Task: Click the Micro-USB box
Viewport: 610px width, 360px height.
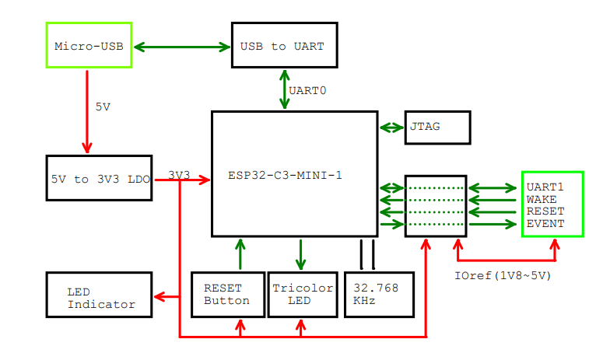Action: pos(89,46)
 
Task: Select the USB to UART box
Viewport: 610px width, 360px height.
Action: pos(283,46)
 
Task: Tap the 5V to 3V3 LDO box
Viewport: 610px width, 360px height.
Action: pos(99,179)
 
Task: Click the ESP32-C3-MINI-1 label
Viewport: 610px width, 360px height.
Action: pos(285,176)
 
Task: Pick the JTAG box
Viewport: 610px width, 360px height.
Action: pos(437,128)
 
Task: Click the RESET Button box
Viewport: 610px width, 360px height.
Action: pos(227,294)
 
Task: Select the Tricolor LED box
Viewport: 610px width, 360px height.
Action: pos(301,294)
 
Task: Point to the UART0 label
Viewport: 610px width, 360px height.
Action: pos(307,91)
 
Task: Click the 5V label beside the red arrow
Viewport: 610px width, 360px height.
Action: pos(103,107)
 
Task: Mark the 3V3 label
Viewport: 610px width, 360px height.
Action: pos(179,176)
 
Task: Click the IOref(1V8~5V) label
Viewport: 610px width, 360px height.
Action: pos(503,275)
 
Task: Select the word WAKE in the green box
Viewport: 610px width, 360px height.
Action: pos(542,200)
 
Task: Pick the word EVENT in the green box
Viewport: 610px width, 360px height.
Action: pos(545,225)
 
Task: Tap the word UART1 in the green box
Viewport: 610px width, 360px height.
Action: pos(545,187)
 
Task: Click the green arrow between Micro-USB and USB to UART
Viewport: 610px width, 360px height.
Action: pos(182,47)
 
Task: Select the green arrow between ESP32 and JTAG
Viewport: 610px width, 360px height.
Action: pos(391,128)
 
